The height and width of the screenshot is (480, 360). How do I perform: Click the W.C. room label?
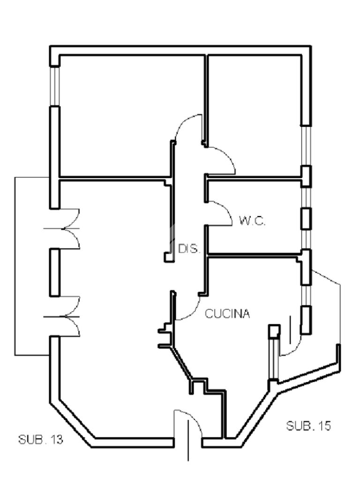tap(252, 221)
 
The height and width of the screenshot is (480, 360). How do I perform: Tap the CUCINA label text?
tap(227, 314)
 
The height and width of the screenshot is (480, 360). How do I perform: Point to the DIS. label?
tap(189, 248)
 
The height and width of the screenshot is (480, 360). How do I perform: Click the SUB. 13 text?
tap(41, 440)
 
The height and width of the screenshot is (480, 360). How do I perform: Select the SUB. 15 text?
tap(308, 426)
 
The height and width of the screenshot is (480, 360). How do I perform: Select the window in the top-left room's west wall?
tap(55, 86)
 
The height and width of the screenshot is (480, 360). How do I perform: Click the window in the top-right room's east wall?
tap(306, 146)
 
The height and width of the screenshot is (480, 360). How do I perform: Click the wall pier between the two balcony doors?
tap(54, 272)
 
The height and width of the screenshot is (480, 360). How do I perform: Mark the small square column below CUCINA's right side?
tap(274, 331)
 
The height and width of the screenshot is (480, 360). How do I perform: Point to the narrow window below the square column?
tap(274, 359)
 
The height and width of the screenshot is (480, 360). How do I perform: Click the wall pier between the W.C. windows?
tap(306, 218)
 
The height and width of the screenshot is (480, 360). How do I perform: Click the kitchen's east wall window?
tap(306, 295)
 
